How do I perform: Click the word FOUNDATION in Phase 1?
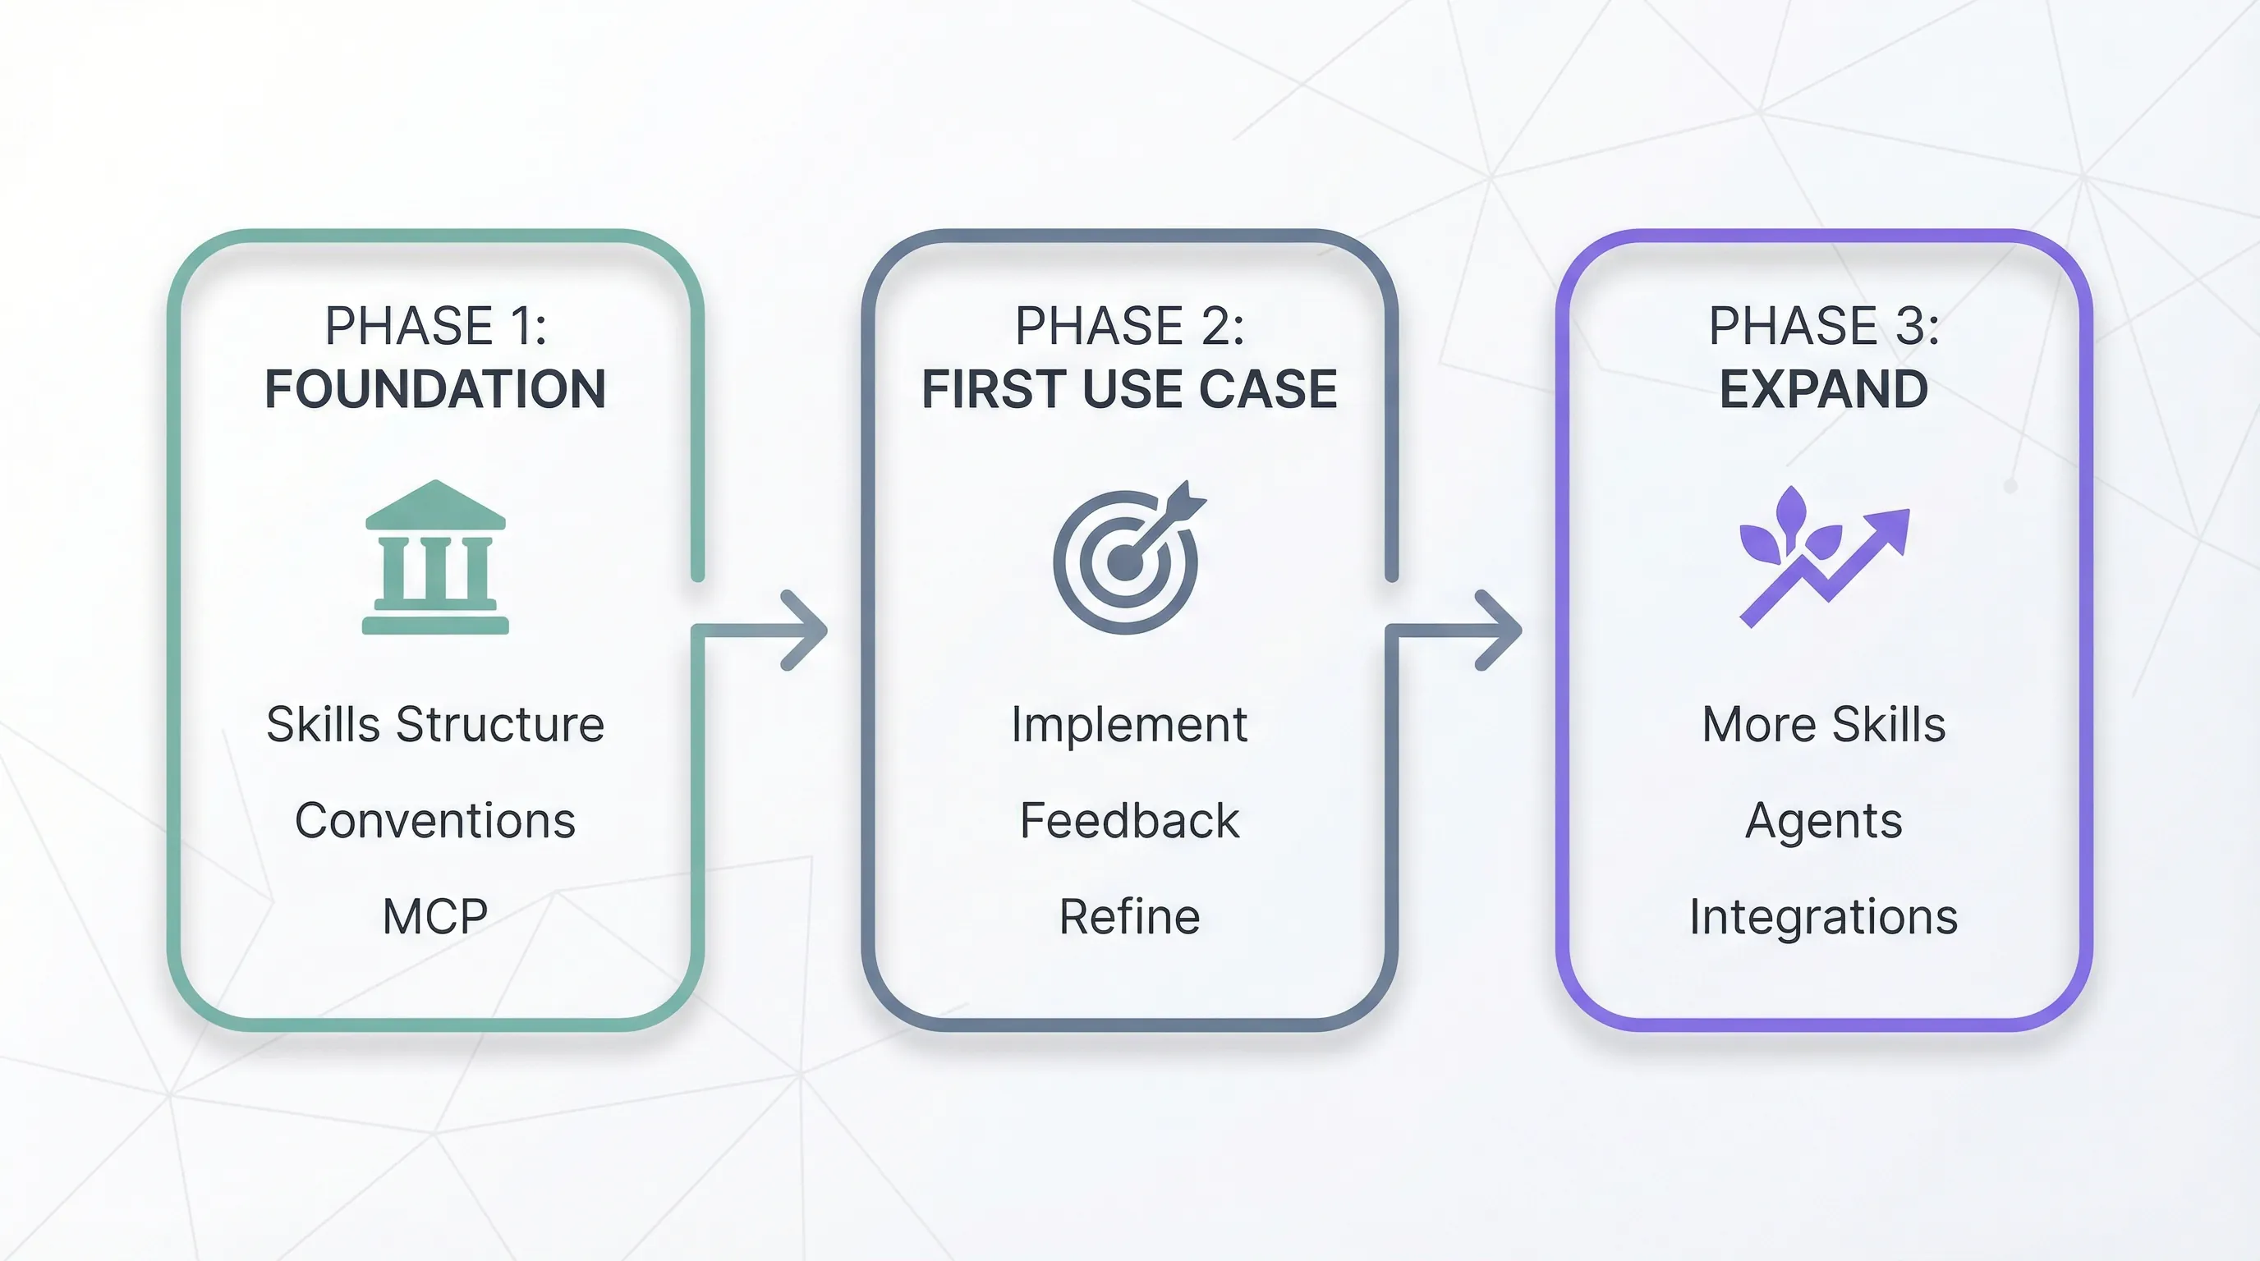pyautogui.click(x=435, y=389)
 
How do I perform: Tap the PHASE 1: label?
pyautogui.click(x=435, y=326)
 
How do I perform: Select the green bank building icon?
pyautogui.click(x=435, y=557)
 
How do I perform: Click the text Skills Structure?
pyautogui.click(x=435, y=724)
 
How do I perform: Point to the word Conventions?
pyautogui.click(x=435, y=821)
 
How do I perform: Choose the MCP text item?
pyautogui.click(x=435, y=916)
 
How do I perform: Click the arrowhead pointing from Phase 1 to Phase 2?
pyautogui.click(x=806, y=630)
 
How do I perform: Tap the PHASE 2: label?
pyautogui.click(x=1129, y=326)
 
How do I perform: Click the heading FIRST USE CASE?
pyautogui.click(x=1129, y=389)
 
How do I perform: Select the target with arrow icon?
pyautogui.click(x=1128, y=558)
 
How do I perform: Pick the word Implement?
pyautogui.click(x=1129, y=724)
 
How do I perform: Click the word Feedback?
pyautogui.click(x=1129, y=821)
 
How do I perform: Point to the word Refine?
pyautogui.click(x=1129, y=916)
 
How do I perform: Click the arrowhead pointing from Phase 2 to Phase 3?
pyautogui.click(x=1500, y=630)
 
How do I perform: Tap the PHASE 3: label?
pyautogui.click(x=1823, y=326)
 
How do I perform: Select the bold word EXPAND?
pyautogui.click(x=1823, y=389)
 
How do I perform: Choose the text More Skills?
pyautogui.click(x=1823, y=724)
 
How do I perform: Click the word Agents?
pyautogui.click(x=1823, y=821)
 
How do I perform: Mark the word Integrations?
pyautogui.click(x=1823, y=916)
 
